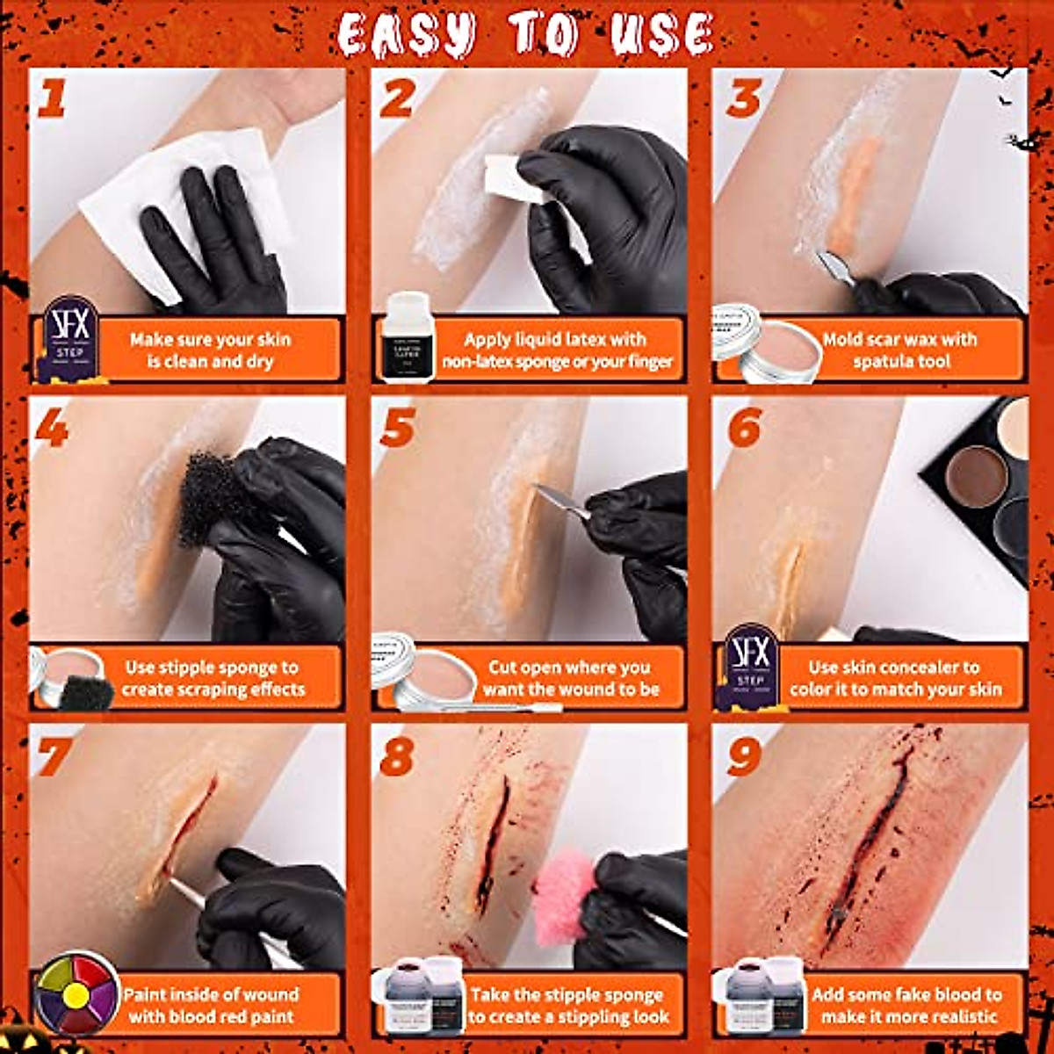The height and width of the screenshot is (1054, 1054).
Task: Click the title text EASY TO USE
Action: point(525,36)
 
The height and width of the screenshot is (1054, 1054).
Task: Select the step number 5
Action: point(397,428)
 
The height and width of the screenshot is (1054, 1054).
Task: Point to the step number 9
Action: point(743,756)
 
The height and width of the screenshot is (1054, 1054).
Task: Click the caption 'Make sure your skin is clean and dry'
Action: point(211,350)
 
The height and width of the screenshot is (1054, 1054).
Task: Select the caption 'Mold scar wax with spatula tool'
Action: point(900,350)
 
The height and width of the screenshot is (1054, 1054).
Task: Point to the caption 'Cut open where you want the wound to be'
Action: point(570,678)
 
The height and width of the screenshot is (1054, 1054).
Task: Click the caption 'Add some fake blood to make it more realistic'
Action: point(906,1006)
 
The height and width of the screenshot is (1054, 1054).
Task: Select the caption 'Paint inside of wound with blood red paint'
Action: point(211,1006)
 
